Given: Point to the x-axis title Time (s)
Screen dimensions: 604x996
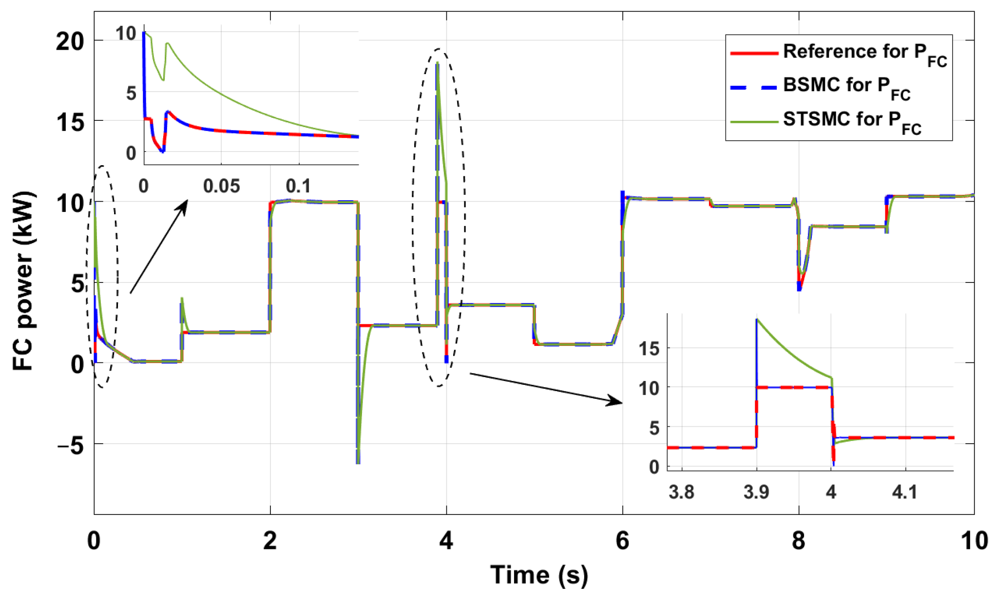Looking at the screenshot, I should tap(539, 575).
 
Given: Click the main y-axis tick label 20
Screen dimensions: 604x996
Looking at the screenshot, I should tap(70, 41).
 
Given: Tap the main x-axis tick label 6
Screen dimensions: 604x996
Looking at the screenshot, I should tap(622, 541).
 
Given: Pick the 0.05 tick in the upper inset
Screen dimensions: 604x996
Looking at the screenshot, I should tap(221, 186).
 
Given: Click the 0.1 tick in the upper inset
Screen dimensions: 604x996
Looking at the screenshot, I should tap(298, 186).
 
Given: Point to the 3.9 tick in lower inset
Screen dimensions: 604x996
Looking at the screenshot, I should tap(756, 492).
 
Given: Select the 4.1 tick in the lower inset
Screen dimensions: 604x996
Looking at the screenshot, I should tap(905, 492).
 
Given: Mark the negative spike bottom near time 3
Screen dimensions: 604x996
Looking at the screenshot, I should tap(358, 462).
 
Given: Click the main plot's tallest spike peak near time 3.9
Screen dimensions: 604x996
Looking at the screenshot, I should tap(438, 63).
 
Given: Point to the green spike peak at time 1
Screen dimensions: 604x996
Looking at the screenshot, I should tap(182, 298).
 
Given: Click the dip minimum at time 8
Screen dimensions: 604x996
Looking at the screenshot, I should tap(799, 290).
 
